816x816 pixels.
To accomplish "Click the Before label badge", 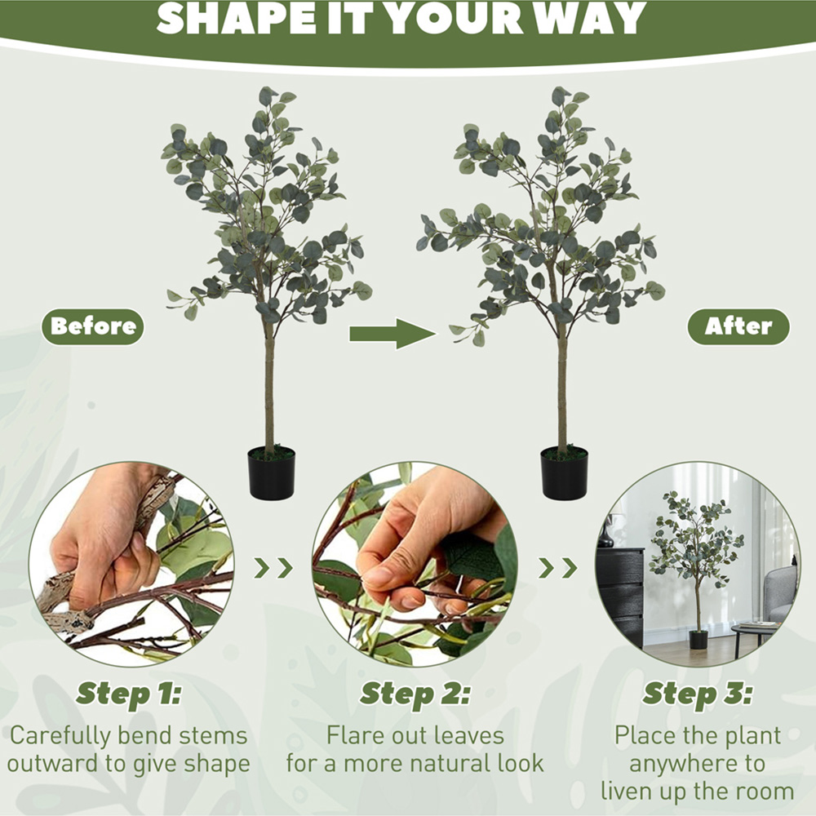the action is [93, 326].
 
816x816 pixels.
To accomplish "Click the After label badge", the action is [738, 326].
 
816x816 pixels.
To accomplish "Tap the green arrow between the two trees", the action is [392, 334].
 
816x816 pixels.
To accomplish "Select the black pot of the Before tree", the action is [271, 472].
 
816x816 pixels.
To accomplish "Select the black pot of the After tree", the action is [564, 472].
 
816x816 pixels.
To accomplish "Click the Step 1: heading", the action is [128, 694].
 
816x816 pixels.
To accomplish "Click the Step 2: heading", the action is [415, 694].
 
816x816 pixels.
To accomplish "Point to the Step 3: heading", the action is [698, 694].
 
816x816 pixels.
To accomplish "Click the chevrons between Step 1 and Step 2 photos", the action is [273, 568].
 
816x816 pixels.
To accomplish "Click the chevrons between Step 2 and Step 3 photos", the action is [558, 568].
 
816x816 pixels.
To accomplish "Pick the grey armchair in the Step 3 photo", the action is [781, 593].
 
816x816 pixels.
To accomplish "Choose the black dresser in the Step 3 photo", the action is [620, 596].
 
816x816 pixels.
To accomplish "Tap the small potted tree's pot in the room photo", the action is [698, 639].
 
